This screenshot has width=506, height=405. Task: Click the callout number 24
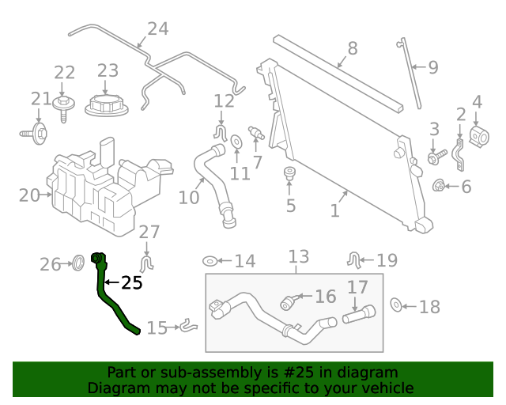coord(157,29)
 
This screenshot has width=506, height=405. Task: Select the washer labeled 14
coord(211,261)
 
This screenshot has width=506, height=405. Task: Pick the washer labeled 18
coord(398,305)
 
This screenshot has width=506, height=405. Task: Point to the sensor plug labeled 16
coord(290,302)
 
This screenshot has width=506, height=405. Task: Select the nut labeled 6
coord(439,187)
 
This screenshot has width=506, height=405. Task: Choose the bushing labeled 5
coord(289,174)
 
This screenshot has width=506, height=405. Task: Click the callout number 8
coord(352,48)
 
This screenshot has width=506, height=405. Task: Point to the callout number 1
coord(334,210)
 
